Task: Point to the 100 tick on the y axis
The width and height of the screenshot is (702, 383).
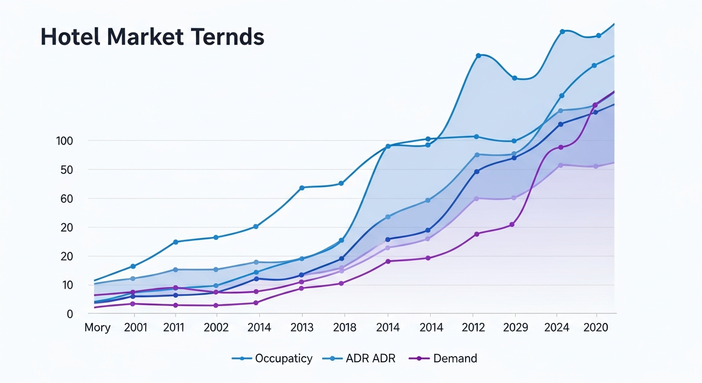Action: [65, 141]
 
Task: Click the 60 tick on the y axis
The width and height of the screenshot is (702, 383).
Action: [67, 199]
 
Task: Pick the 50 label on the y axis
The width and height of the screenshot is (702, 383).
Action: [67, 170]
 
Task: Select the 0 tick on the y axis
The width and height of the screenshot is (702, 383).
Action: [70, 314]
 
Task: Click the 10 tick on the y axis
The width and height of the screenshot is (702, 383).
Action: [67, 285]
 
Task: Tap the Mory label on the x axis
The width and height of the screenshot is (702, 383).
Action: [97, 328]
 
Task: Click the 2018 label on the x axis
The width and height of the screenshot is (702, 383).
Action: [345, 328]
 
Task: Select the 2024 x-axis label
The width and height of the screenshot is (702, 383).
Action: [556, 328]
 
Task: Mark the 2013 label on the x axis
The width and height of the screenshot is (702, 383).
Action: [302, 328]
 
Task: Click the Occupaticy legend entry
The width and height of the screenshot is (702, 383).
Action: [272, 358]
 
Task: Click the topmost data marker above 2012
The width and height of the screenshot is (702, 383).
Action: [478, 55]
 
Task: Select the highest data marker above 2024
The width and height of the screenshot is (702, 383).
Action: [562, 31]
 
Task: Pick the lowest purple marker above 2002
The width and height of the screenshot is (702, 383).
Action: [216, 305]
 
